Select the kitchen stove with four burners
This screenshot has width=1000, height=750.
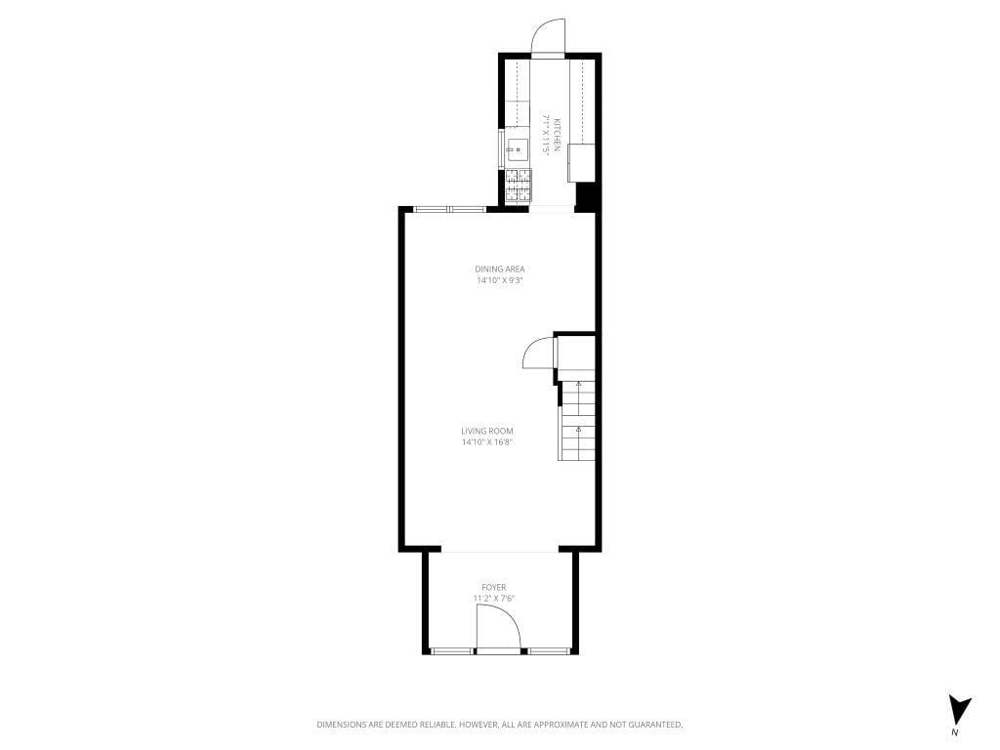coord(519,184)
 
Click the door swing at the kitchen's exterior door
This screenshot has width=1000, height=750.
coord(547,39)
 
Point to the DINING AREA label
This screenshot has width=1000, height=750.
coord(500,269)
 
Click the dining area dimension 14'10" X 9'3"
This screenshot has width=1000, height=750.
coord(500,281)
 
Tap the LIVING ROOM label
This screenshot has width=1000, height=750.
coord(487,431)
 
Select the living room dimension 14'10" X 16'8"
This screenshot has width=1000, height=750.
coord(487,442)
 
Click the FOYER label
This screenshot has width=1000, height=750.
coord(493,587)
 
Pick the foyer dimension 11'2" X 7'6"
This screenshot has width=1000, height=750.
coord(493,599)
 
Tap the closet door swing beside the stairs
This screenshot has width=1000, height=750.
coord(538,354)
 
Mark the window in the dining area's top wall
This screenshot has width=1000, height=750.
coord(448,208)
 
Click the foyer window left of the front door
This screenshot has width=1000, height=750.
coord(452,650)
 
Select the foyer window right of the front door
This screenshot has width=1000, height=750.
coord(549,650)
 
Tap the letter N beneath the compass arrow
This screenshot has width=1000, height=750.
coord(956,731)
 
